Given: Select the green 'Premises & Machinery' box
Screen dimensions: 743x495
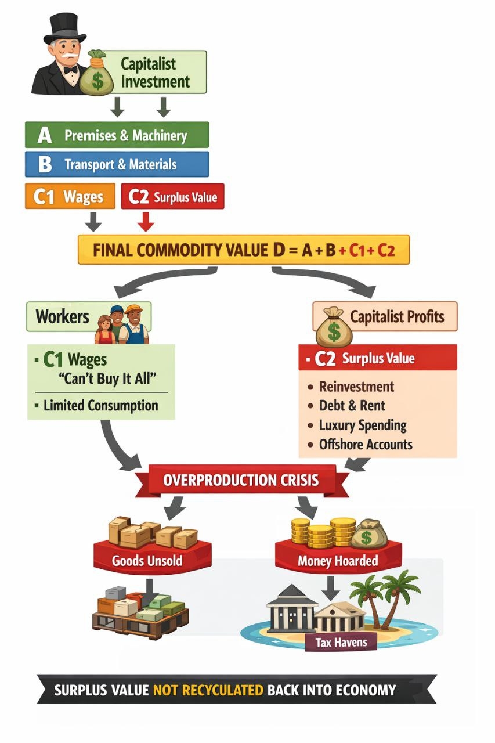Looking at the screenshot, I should pos(117,135).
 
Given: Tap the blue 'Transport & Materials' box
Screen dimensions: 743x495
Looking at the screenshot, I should pos(117,164).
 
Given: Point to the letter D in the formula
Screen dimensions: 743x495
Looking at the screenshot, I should pos(277,250).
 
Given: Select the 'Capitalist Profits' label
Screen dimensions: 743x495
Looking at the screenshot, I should pos(397,316).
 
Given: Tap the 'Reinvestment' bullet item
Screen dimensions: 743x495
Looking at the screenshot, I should pos(356,387).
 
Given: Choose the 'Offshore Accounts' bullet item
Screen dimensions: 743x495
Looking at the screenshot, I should pos(366,445).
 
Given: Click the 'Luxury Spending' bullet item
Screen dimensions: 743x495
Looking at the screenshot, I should pos(363,425).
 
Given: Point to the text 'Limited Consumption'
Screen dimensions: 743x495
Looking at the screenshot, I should pos(100,405).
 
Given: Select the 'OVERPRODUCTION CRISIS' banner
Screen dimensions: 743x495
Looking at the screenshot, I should pos(241,481).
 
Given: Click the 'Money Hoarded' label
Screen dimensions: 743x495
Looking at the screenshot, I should pos(337,561).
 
